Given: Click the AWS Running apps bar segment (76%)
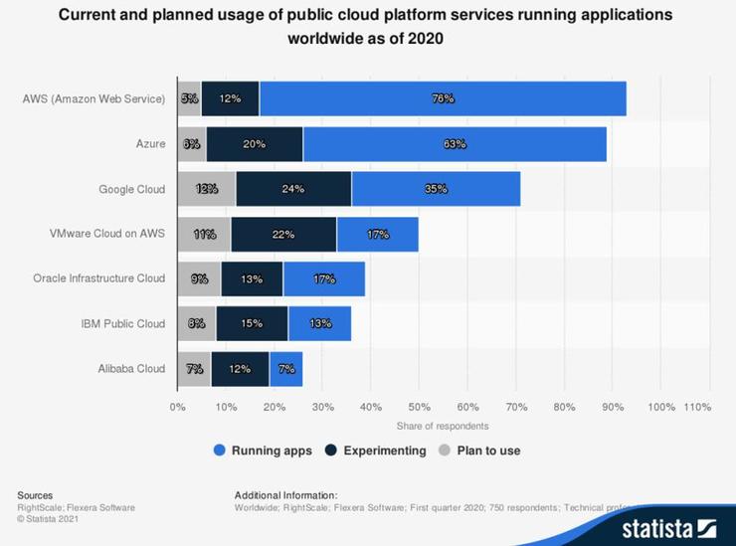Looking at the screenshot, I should coord(443,98).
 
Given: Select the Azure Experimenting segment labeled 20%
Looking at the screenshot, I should coord(255,143).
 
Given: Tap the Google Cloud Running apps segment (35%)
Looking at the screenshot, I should coord(436,188).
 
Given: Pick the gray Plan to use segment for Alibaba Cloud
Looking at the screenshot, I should coord(194,368).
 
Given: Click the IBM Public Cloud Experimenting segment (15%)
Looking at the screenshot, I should coord(252,323).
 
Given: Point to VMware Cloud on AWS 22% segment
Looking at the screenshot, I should coord(283,234).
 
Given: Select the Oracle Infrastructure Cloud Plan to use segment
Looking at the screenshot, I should coord(199,278).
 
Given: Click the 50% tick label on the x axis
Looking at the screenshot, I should coord(419,407).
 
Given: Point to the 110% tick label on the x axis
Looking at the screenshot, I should coord(696,407).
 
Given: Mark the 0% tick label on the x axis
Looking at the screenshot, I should coord(178,407).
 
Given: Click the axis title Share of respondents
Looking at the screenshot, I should coord(443,426).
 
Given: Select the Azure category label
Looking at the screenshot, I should coord(149,144).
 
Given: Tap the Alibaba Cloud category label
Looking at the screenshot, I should coord(132,368).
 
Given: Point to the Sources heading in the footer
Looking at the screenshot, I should coord(35,494).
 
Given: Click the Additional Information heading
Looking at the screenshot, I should coord(286,494).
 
